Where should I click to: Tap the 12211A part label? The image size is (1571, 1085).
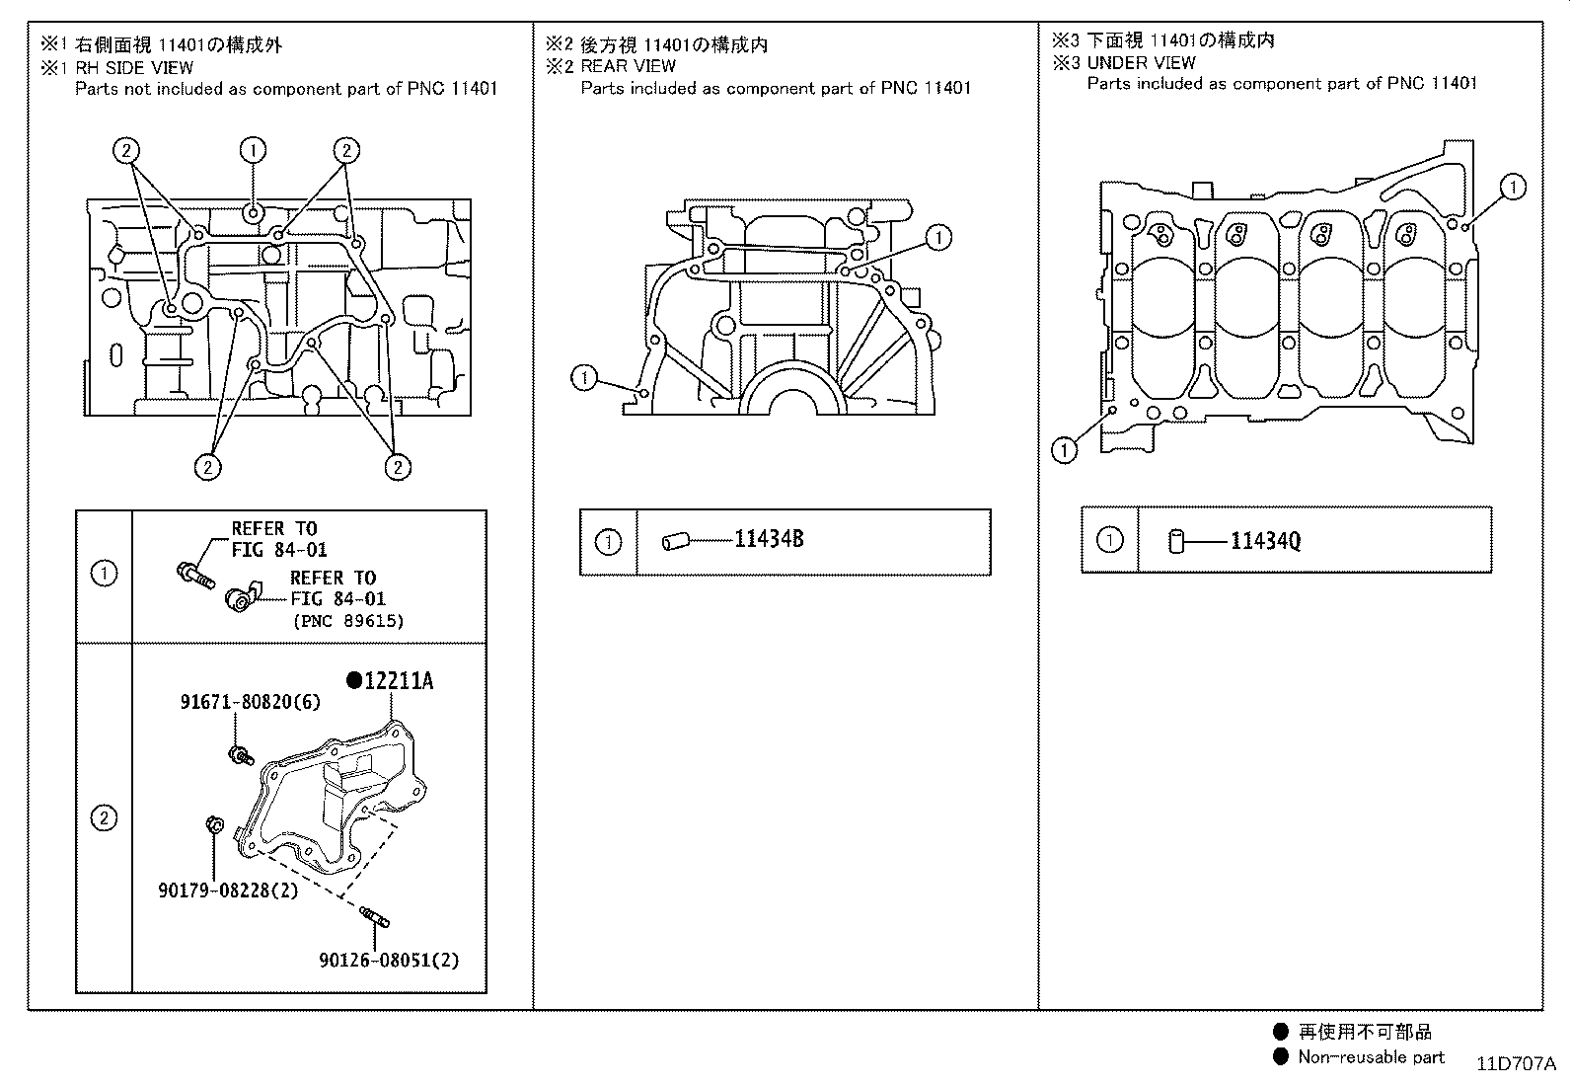399,681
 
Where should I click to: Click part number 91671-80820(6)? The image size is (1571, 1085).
250,702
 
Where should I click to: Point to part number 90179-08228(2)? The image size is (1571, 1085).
227,891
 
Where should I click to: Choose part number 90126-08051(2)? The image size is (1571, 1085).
389,960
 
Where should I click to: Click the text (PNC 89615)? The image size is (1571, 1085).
347,621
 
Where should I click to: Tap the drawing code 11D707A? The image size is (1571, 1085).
1516,1063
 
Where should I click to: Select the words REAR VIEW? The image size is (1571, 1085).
628,66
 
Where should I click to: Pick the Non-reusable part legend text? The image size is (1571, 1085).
1371,1057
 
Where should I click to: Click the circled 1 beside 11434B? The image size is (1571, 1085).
608,541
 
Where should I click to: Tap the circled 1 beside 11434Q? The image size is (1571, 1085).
1109,540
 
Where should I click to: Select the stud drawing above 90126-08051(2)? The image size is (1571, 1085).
375,916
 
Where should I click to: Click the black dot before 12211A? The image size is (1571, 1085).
353,680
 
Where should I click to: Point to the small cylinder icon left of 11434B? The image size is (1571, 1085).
674,541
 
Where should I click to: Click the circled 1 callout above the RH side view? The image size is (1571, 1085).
253,150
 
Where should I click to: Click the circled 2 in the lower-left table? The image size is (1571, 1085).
104,817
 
